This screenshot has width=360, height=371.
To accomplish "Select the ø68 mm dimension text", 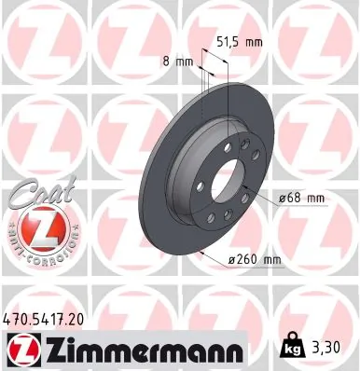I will point(301,197).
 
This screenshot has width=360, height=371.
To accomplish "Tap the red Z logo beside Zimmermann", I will point(21,350).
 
